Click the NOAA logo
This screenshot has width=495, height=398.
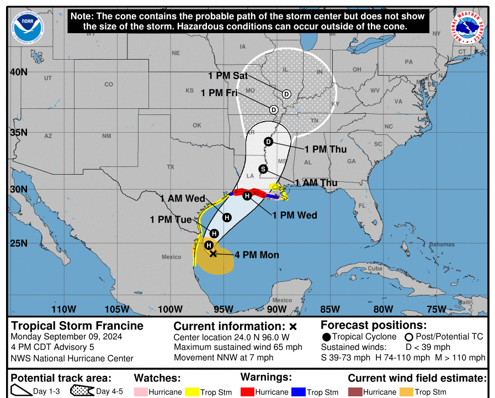click(x=29, y=25)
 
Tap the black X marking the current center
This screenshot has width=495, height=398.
click(x=214, y=254)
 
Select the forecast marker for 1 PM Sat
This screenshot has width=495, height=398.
click(x=286, y=94)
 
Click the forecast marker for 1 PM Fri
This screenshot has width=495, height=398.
click(x=274, y=109)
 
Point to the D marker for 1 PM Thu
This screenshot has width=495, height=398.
click(x=269, y=142)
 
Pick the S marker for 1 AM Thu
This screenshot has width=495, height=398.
click(x=263, y=169)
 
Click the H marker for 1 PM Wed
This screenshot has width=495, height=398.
click(x=247, y=196)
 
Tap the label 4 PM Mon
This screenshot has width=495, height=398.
click(x=257, y=255)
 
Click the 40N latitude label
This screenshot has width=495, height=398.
click(x=19, y=72)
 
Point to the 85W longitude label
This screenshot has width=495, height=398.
click(x=330, y=309)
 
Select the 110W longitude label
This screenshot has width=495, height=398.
click(x=63, y=309)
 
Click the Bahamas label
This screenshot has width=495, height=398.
click(x=443, y=244)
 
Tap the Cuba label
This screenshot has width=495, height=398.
click(x=375, y=269)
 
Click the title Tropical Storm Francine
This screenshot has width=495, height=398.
click(x=77, y=326)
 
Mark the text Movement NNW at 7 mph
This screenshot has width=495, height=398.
click(x=223, y=358)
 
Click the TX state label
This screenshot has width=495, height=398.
click(x=171, y=166)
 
